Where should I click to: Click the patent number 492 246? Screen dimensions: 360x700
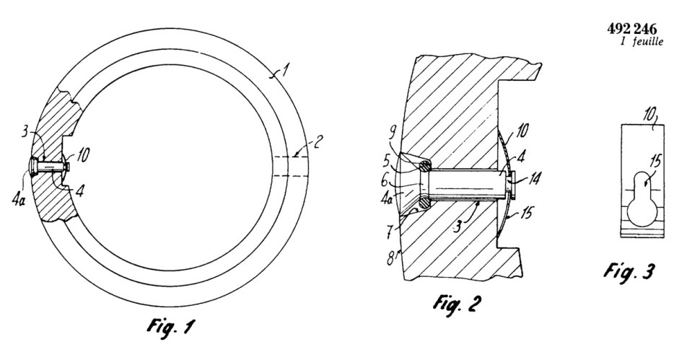coord(638,29)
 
